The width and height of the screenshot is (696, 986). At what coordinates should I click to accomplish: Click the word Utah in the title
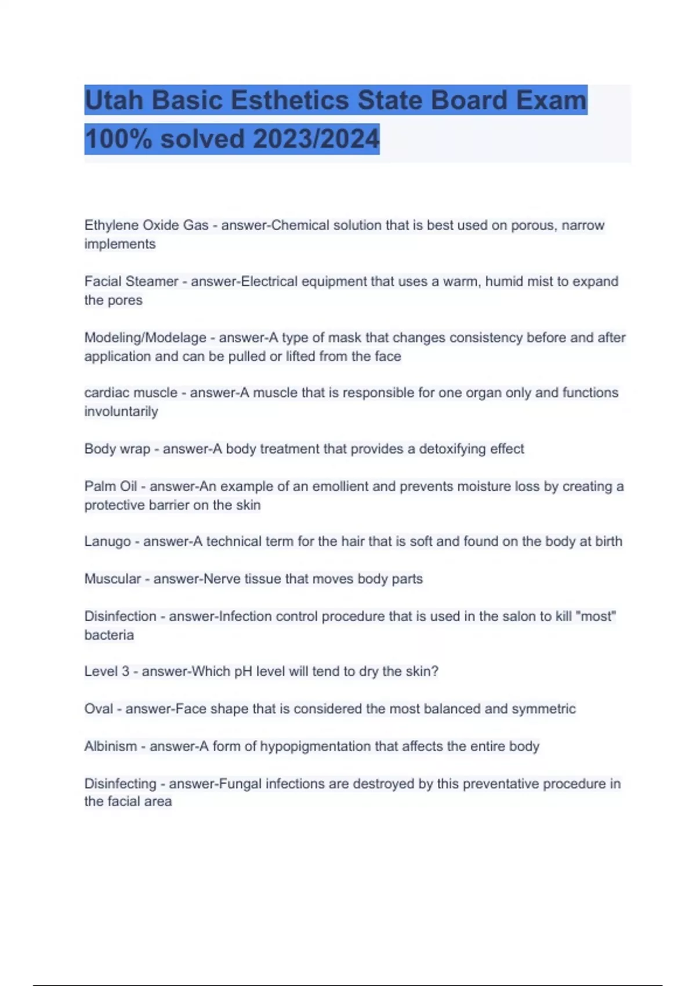click(x=114, y=100)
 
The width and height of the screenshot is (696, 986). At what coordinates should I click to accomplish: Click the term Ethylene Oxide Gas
click(x=146, y=225)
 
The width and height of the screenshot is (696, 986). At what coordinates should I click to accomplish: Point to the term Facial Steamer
click(x=131, y=281)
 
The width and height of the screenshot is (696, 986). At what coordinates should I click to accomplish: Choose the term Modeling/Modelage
click(x=145, y=338)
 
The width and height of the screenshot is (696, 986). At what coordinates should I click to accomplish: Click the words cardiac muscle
click(x=130, y=393)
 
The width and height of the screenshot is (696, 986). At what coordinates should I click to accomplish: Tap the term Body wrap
click(x=117, y=449)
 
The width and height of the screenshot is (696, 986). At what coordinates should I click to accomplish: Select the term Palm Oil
click(x=110, y=486)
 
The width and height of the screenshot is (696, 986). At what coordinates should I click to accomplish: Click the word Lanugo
click(x=107, y=541)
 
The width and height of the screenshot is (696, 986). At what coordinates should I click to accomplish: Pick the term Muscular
click(x=113, y=579)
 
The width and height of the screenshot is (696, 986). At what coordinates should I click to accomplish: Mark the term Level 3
click(x=107, y=672)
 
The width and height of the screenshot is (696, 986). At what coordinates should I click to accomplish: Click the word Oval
click(x=99, y=709)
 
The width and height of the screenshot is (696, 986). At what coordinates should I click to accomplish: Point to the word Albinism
click(x=111, y=746)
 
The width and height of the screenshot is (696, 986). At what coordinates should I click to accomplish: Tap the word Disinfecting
click(x=120, y=784)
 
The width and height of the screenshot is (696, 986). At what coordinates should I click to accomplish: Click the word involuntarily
click(x=121, y=412)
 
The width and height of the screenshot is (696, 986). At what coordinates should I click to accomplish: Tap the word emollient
click(x=340, y=486)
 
